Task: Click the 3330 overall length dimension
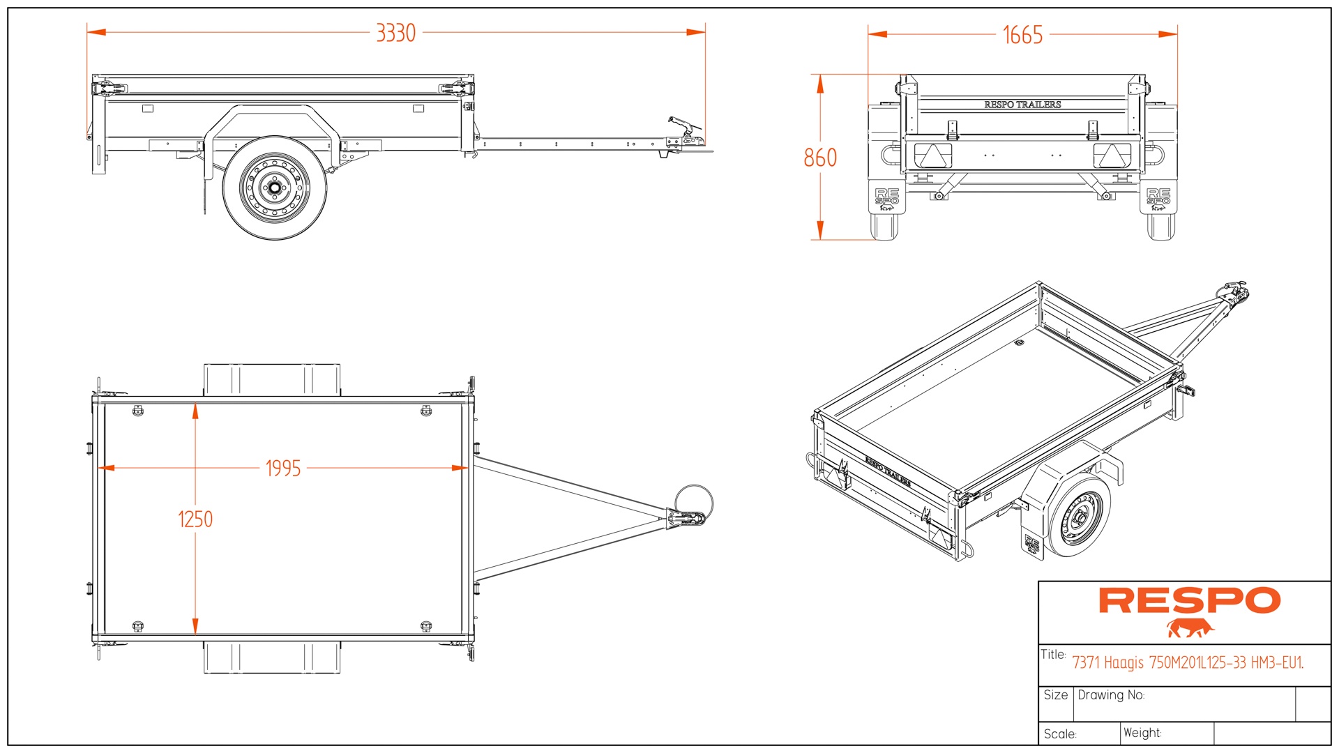click(x=395, y=33)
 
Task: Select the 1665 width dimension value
click(x=1022, y=35)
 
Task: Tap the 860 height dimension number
click(x=820, y=158)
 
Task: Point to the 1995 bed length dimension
click(x=283, y=468)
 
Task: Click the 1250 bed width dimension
click(x=195, y=519)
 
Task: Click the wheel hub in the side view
click(x=275, y=188)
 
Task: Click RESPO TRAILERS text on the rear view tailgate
click(x=1022, y=105)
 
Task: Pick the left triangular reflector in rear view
click(x=932, y=155)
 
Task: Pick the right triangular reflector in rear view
click(x=1112, y=155)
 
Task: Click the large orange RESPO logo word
click(x=1190, y=601)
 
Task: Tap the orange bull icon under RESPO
click(x=1190, y=628)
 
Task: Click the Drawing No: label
click(x=1111, y=695)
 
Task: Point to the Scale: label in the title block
click(x=1060, y=734)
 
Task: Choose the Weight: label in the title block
click(x=1142, y=733)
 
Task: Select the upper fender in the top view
click(x=272, y=380)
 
